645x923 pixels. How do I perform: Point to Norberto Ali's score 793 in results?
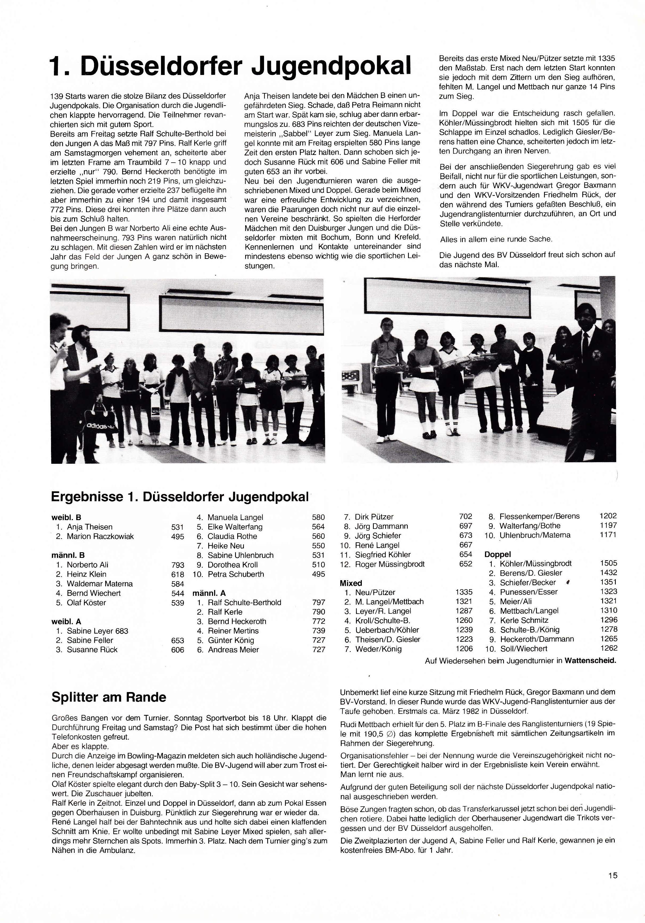(178, 565)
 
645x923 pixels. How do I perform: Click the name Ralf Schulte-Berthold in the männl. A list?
(244, 602)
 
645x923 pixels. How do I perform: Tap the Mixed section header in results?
(351, 583)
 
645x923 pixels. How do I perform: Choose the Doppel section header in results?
(498, 554)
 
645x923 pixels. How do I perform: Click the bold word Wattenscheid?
(590, 660)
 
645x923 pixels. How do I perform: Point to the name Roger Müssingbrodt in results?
(389, 564)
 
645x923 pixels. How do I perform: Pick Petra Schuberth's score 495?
(318, 574)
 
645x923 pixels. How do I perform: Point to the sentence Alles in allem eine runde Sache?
(496, 239)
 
